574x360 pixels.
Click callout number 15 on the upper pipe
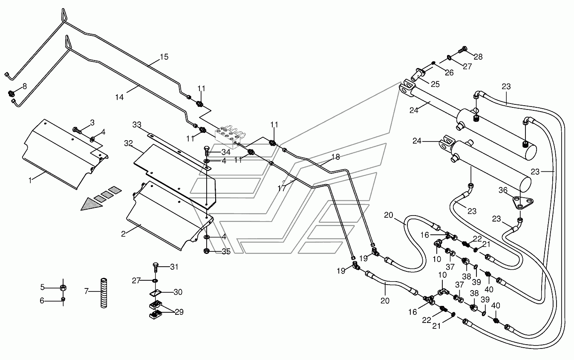pyautogui.click(x=164, y=57)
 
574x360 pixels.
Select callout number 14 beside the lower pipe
pyautogui.click(x=119, y=97)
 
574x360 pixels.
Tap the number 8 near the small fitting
pyautogui.click(x=25, y=86)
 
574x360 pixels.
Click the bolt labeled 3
pyautogui.click(x=77, y=130)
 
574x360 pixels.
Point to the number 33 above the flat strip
pyautogui.click(x=137, y=125)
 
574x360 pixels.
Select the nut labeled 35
pyautogui.click(x=207, y=251)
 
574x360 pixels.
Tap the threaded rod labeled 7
pyautogui.click(x=104, y=293)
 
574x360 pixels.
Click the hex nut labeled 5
pyautogui.click(x=63, y=288)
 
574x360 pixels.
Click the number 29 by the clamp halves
pyautogui.click(x=179, y=312)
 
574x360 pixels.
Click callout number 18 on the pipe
pyautogui.click(x=335, y=157)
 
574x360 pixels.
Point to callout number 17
pyautogui.click(x=282, y=189)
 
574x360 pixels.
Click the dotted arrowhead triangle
pyautogui.click(x=92, y=204)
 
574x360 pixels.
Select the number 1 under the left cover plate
pyautogui.click(x=30, y=181)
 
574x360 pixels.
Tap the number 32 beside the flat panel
pyautogui.click(x=128, y=143)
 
